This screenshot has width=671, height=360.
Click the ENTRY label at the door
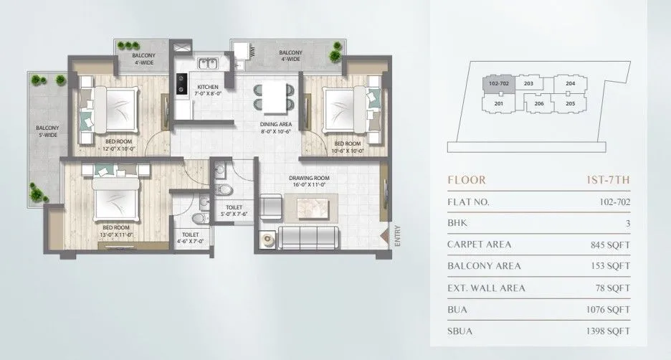pyautogui.click(x=395, y=237)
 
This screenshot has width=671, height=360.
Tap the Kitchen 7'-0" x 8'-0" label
pyautogui.click(x=208, y=91)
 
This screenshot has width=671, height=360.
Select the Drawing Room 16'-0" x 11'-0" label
pyautogui.click(x=308, y=181)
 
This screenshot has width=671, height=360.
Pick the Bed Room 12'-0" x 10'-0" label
pyautogui.click(x=118, y=146)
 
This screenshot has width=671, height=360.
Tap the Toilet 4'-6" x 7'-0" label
pyautogui.click(x=191, y=238)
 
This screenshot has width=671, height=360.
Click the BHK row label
pyautogui.click(x=456, y=223)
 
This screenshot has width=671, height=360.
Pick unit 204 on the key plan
pyautogui.click(x=570, y=84)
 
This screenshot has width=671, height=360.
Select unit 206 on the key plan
pyautogui.click(x=539, y=104)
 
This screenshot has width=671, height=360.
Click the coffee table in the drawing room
pyautogui.click(x=315, y=207)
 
